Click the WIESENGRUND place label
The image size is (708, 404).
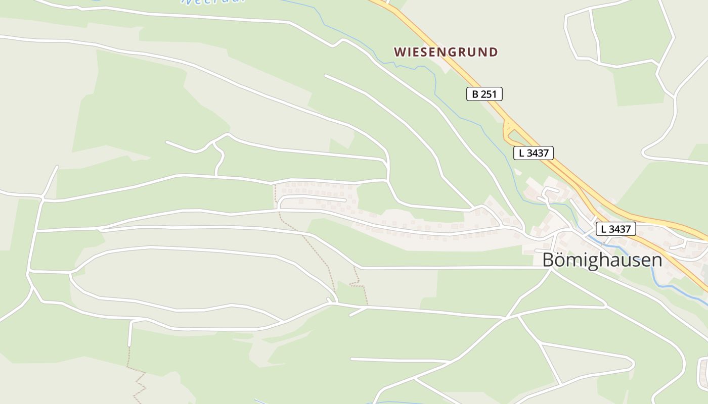446,52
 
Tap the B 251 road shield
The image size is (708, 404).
484,94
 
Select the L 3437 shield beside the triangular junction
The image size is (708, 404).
534,153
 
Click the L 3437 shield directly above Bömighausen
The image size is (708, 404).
615,229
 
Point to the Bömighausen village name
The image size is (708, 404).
602,260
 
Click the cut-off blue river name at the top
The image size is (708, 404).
212,2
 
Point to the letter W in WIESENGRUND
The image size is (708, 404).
400,52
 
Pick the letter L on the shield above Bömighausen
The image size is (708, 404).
604,229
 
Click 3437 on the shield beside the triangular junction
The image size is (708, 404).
538,153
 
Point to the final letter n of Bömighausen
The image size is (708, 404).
656,261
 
